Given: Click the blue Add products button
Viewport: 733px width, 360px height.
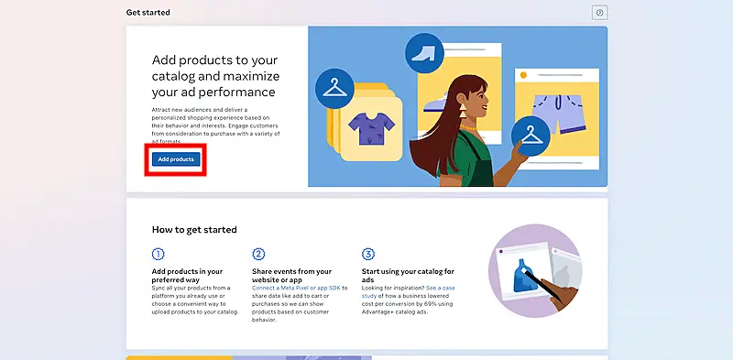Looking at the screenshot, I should coord(175,159).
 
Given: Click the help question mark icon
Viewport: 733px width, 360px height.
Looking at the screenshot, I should coord(600,13).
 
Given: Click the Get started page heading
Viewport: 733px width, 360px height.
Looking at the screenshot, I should coord(148,13).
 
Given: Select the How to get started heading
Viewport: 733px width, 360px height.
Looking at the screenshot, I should coord(194,229).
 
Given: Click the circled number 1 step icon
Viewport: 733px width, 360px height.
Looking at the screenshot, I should coord(159,254).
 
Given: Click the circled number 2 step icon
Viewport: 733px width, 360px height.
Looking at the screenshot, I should coord(258,254).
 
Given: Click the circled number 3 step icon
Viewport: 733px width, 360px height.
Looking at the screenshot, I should coord(368,254).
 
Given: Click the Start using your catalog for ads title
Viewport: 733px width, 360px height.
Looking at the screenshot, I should coord(409,272).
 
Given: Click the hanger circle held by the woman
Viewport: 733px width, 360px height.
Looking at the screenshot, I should coord(530,135).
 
